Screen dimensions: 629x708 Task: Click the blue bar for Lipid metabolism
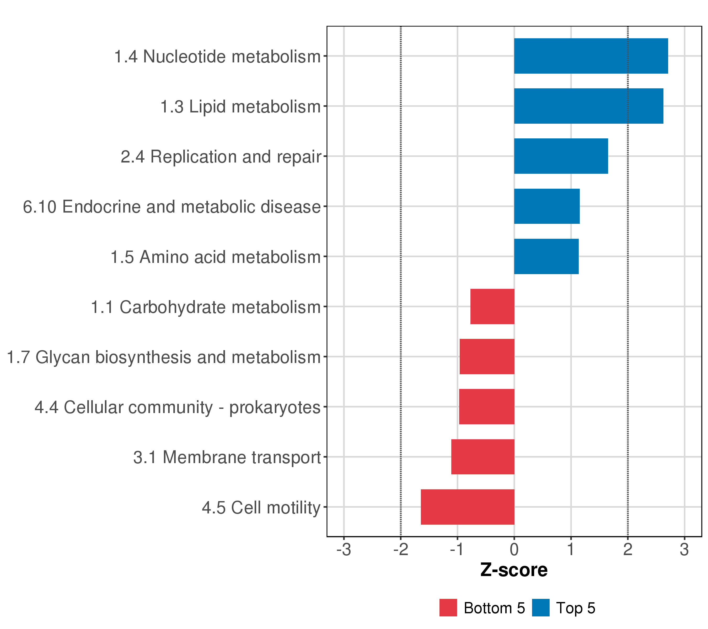pos(588,106)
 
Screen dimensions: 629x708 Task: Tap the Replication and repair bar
pos(561,156)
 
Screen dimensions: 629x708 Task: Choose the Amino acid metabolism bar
pos(546,257)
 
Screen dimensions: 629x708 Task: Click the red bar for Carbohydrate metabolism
pos(492,306)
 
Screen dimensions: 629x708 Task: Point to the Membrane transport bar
pos(482,457)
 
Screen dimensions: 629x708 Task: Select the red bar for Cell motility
pos(467,507)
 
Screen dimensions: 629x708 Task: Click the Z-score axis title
pos(514,570)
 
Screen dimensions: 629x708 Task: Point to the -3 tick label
pos(344,550)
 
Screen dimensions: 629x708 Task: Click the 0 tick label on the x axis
pos(514,550)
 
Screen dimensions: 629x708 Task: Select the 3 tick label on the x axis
pos(684,550)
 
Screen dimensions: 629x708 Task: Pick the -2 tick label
pos(400,550)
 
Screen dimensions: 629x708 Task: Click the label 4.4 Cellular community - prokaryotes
pos(177,407)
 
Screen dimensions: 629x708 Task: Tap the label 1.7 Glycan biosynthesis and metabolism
pos(163,357)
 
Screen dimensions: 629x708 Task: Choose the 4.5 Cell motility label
pos(261,507)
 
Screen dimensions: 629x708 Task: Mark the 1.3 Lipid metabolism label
pos(240,107)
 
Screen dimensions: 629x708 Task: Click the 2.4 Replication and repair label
pos(221,157)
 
